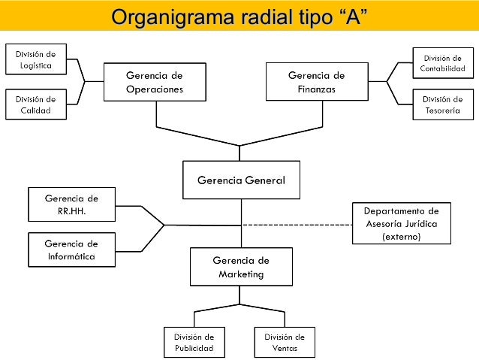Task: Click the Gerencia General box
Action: tap(240, 180)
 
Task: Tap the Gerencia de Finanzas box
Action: tap(316, 82)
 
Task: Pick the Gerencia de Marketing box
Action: tap(240, 267)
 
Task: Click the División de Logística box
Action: tap(35, 59)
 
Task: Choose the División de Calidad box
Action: tap(35, 104)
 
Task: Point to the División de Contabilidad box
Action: tap(443, 63)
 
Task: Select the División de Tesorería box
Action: tap(443, 104)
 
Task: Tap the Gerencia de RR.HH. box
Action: tap(71, 204)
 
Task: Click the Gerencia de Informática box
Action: tap(71, 250)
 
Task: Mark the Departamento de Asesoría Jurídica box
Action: tap(401, 223)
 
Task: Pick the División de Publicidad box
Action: tap(194, 343)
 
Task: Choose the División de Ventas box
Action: tap(285, 343)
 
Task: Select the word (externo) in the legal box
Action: tap(401, 236)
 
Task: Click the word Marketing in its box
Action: tap(240, 274)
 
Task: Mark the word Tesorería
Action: tap(443, 110)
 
